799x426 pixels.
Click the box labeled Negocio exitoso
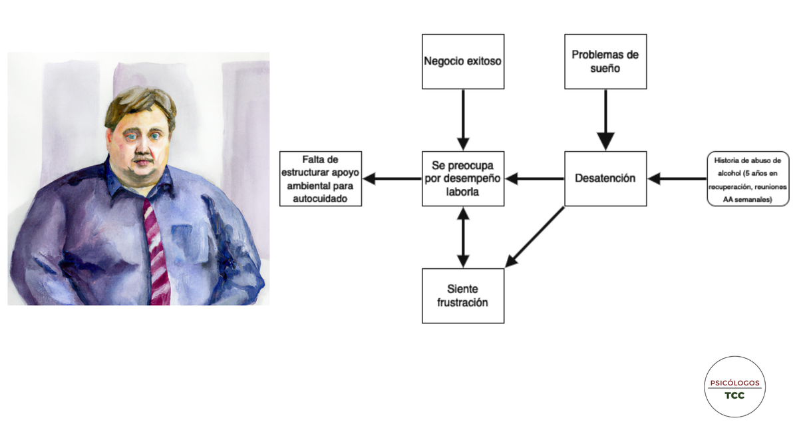click(463, 61)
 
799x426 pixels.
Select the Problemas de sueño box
click(605, 61)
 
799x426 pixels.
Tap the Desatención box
click(605, 178)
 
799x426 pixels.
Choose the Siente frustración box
click(463, 296)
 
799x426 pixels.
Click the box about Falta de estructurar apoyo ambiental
click(321, 178)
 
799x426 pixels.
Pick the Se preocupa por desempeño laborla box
click(463, 178)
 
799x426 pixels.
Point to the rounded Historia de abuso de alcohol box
click(748, 179)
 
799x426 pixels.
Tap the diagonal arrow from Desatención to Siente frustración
click(535, 237)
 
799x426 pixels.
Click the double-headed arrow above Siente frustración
click(463, 237)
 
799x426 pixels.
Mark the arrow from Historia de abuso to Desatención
click(677, 178)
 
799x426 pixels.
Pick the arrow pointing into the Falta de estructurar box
click(393, 178)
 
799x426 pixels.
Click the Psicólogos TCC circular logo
click(735, 387)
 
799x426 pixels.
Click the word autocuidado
click(321, 198)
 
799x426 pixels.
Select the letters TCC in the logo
click(735, 395)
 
